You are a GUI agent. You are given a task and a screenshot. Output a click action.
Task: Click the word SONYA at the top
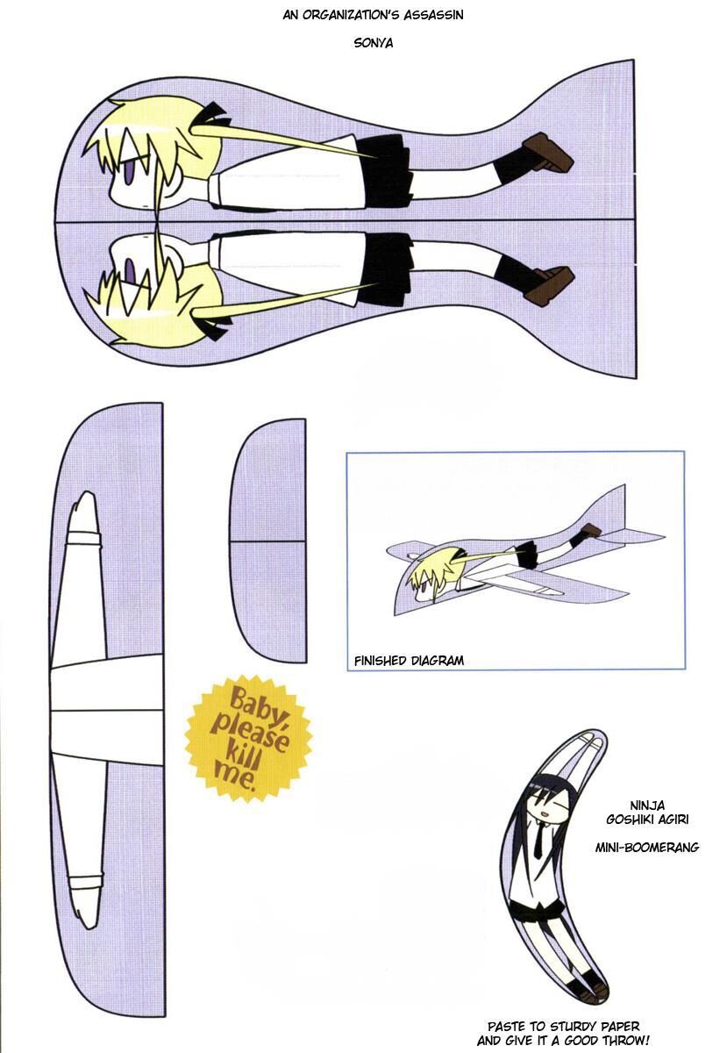(x=362, y=39)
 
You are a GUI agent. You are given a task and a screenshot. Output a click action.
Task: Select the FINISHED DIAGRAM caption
(x=409, y=661)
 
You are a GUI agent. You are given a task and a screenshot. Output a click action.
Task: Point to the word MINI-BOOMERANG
(x=646, y=849)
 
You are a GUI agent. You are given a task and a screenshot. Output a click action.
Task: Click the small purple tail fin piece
(x=269, y=540)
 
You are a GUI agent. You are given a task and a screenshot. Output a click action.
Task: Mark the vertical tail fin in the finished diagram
(x=613, y=509)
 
